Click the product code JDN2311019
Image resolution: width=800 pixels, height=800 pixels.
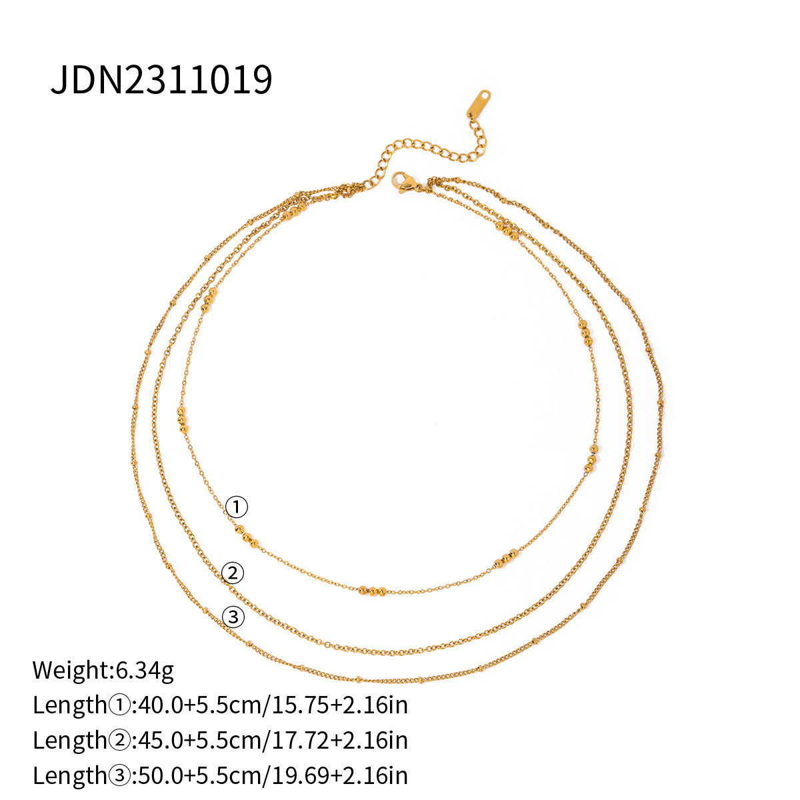[x=161, y=81]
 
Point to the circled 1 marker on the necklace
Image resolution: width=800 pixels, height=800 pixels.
[x=236, y=508]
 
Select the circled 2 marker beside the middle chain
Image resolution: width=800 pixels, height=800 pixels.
[x=233, y=573]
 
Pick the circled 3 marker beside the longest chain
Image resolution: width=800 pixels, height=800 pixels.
[x=233, y=618]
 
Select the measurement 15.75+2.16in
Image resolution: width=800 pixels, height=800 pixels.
[x=338, y=705]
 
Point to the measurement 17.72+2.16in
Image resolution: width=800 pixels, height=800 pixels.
[x=338, y=739]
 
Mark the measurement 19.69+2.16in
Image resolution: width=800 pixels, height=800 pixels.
[x=338, y=775]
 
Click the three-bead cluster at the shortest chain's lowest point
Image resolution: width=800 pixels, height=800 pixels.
[x=373, y=590]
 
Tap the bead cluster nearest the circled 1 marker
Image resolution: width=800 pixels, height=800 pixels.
[x=246, y=535]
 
